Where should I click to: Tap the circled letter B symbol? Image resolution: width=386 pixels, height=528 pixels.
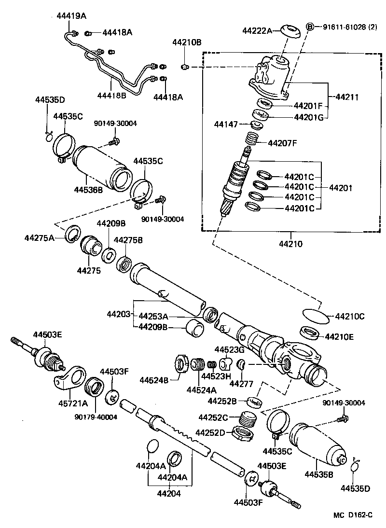[311, 27]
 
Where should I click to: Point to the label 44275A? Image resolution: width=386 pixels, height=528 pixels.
[40, 237]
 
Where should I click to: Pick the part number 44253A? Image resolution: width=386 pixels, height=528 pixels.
[153, 316]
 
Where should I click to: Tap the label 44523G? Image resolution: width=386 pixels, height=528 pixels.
[230, 349]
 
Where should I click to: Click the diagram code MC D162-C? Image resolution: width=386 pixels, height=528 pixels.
[353, 515]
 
